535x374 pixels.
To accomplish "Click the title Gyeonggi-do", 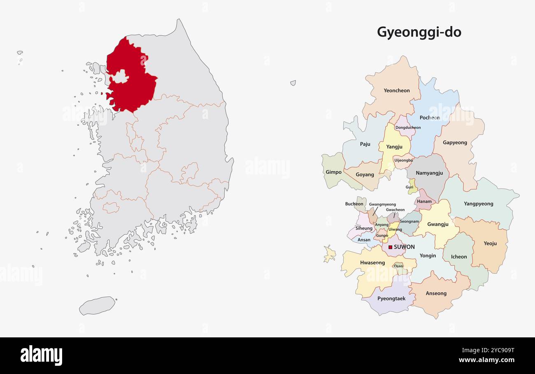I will click(419, 32).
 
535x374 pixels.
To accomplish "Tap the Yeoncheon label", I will click(396, 91).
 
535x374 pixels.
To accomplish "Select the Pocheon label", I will click(430, 118).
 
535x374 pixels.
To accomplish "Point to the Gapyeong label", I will click(455, 143).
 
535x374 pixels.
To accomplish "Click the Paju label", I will click(365, 144).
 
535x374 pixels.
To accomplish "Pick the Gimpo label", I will click(333, 172).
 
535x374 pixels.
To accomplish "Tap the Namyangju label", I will click(429, 173).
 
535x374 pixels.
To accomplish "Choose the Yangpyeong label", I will click(478, 204).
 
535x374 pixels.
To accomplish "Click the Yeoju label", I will click(490, 243).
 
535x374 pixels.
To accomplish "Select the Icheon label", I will click(459, 257).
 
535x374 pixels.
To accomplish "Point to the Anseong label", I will click(436, 293).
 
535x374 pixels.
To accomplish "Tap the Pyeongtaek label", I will click(391, 299).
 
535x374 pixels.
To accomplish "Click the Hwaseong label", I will click(372, 262).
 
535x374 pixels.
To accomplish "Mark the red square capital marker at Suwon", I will click(390, 247).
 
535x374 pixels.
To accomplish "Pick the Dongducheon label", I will click(408, 128).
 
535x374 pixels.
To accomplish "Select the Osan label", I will click(398, 266).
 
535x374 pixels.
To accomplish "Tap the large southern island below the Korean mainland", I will click(98, 305).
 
